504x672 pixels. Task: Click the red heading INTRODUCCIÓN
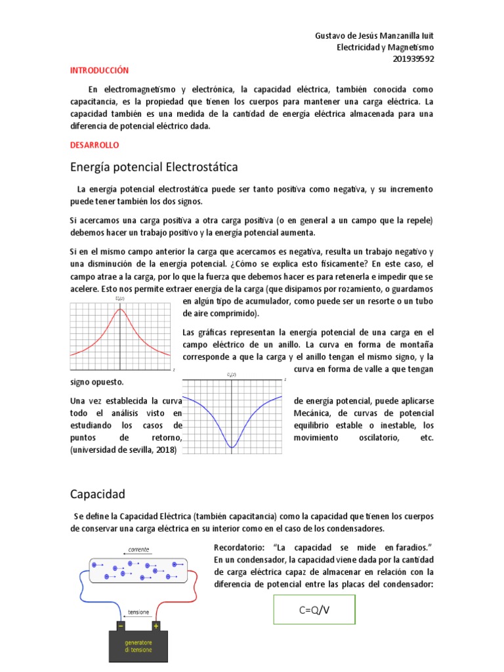(x=100, y=70)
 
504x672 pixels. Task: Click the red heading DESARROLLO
(x=94, y=144)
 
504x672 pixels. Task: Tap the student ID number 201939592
(x=413, y=58)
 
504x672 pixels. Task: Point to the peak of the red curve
(x=120, y=310)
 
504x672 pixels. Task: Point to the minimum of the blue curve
(x=232, y=447)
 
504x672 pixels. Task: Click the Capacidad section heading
(x=97, y=493)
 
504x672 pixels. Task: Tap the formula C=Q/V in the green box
(x=314, y=610)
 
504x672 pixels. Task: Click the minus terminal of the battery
(x=121, y=625)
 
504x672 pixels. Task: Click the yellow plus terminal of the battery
(x=156, y=625)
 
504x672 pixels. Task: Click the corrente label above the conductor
(x=138, y=549)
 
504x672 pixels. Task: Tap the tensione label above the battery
(x=138, y=612)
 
